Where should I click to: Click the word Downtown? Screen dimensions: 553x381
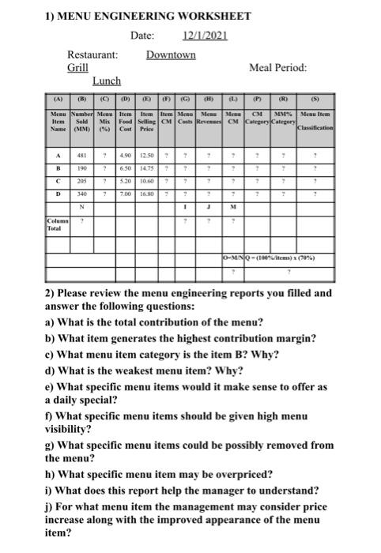click(x=171, y=55)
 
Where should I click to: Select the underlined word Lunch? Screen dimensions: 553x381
click(x=107, y=81)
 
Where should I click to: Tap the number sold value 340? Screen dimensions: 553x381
click(x=81, y=194)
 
